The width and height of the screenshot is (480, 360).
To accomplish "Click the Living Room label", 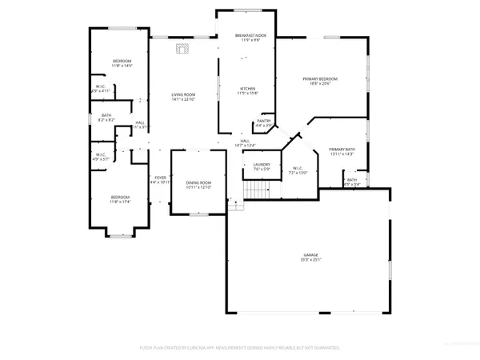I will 183,95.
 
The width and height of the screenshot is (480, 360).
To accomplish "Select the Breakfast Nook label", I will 250,36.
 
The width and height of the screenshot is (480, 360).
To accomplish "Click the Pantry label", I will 263,121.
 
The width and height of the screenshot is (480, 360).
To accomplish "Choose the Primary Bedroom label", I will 320,78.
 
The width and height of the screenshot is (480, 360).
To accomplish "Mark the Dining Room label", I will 198,182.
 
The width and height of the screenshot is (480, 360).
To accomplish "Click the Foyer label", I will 160,178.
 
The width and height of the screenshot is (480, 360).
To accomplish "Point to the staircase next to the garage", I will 254,190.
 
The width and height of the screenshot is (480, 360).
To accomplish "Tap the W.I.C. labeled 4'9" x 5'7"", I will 101,154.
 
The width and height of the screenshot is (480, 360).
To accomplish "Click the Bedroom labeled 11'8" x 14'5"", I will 122,62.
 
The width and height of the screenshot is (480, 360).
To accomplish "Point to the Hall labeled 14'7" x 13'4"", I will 245,142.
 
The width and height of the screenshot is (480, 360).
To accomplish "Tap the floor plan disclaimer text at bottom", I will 240,348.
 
